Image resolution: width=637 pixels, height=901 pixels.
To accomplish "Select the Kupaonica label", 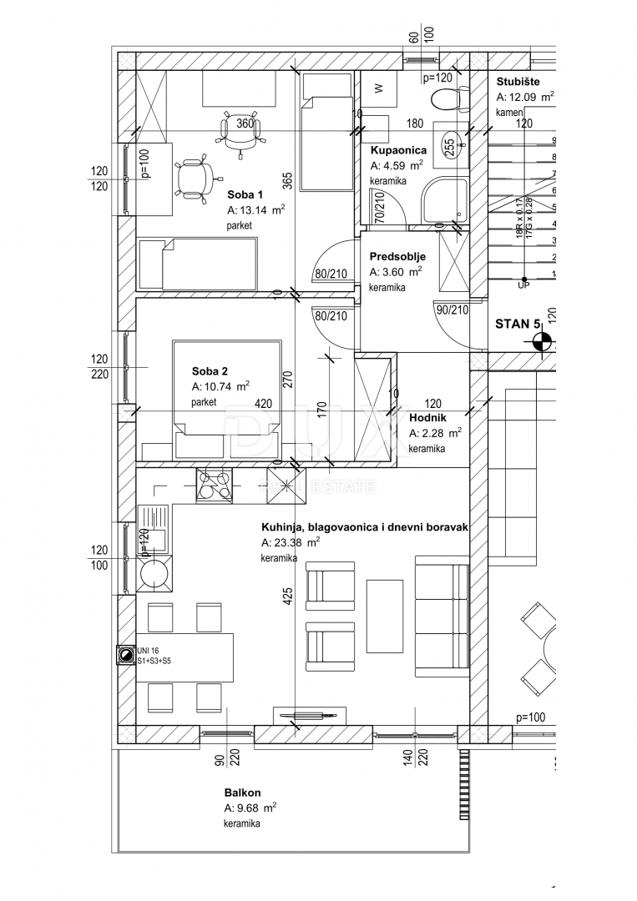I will (398, 150).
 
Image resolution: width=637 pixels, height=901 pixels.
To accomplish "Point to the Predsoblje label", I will (398, 256).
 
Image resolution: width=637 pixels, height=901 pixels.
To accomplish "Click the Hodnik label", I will (428, 417).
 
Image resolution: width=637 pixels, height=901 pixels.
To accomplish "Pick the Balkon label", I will (242, 793).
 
